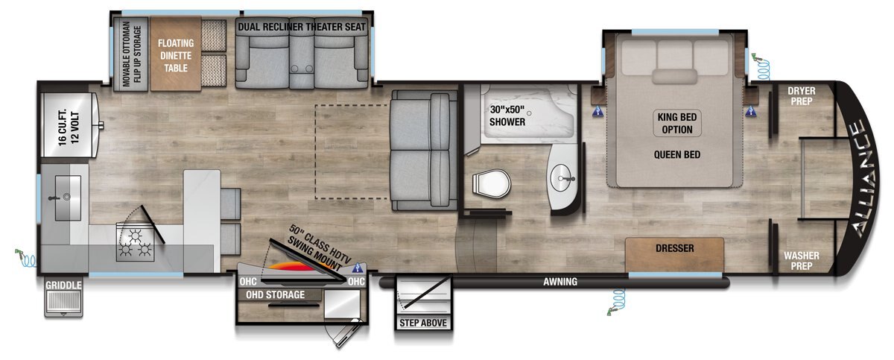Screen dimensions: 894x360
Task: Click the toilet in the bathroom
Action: pos(491,184)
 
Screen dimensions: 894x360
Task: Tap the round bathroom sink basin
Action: pos(562,178)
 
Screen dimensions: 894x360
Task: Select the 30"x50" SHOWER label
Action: pos(507,116)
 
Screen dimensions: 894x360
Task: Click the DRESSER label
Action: pos(674,248)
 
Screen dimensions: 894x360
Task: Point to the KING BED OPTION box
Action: pos(677,123)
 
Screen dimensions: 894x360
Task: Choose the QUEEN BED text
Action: pos(677,154)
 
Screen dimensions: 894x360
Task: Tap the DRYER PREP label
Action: pos(802,96)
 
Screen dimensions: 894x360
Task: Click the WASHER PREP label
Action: pos(802,261)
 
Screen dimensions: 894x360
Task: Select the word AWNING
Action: pos(560,282)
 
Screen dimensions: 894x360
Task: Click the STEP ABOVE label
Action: pos(423,323)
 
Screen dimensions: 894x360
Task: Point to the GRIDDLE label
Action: pos(63,285)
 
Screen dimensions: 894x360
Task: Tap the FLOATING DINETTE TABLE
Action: pos(176,54)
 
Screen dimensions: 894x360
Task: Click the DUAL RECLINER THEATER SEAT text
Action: pos(302,27)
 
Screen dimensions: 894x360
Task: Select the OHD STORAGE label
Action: pos(275,295)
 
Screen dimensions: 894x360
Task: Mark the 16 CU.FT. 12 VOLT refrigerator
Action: pos(69,125)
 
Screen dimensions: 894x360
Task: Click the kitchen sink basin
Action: pos(68,198)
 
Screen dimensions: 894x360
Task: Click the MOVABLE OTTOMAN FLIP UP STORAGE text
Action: pos(132,54)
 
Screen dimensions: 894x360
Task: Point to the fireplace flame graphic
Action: pos(294,267)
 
